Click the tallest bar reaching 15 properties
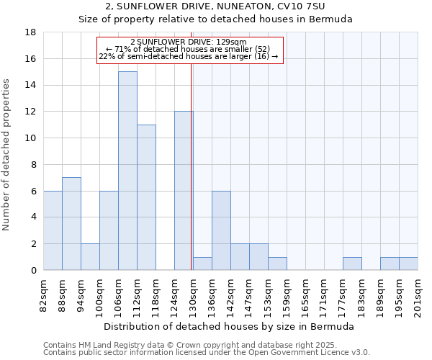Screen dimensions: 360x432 [127, 171]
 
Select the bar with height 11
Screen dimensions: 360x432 [146, 197]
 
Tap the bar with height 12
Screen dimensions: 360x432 [184, 191]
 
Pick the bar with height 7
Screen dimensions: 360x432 [71, 224]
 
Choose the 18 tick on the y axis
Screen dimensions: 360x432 [31, 32]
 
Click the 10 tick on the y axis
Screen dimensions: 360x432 [31, 138]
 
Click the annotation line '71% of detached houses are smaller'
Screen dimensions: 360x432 [188, 49]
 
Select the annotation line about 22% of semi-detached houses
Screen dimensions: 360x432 [188, 56]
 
